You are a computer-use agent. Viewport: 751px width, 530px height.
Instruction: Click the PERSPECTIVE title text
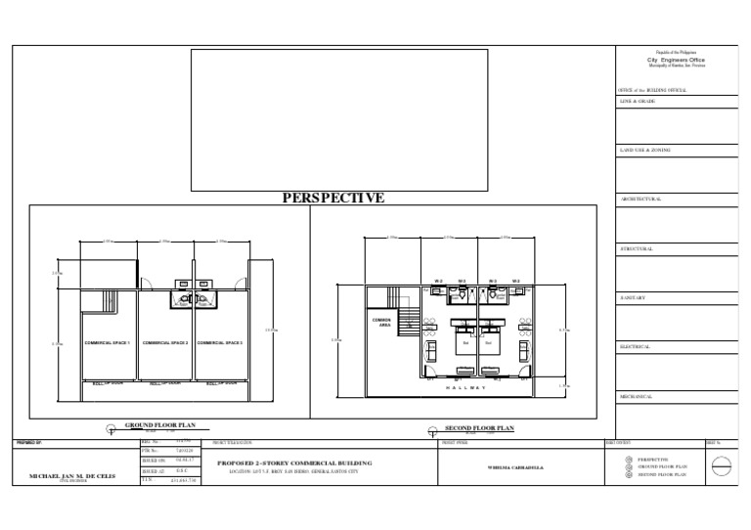332,199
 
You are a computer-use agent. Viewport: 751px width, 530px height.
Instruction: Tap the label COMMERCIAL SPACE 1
108,343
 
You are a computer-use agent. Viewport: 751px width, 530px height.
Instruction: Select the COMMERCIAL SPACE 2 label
164,343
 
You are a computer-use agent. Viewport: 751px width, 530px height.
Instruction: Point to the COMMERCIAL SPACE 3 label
220,343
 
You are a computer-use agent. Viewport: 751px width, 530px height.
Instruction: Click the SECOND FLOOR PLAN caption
479,428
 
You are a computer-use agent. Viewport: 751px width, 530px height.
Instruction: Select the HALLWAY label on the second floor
465,387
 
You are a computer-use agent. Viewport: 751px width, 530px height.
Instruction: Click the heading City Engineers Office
676,60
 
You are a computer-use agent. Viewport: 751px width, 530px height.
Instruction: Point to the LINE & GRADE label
638,102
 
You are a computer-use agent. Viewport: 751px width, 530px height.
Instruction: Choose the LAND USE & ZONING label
645,151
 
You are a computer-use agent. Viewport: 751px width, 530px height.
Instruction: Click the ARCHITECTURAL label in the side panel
641,199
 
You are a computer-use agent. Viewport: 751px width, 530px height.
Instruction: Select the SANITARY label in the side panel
635,297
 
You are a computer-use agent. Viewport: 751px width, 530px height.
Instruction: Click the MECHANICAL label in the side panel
640,396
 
